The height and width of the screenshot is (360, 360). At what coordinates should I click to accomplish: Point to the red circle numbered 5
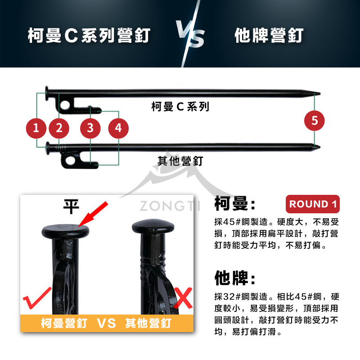(x=315, y=120)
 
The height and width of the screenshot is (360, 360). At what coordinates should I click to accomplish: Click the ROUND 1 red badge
(x=312, y=204)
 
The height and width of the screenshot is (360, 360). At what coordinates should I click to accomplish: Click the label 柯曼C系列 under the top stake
(x=180, y=107)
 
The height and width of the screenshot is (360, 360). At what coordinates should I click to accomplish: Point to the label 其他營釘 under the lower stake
(x=180, y=161)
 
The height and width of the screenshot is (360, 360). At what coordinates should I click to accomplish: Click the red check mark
(x=37, y=298)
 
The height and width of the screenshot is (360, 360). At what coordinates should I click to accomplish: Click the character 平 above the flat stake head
(x=71, y=207)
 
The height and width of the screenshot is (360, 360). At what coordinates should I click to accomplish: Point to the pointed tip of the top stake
(x=319, y=94)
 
